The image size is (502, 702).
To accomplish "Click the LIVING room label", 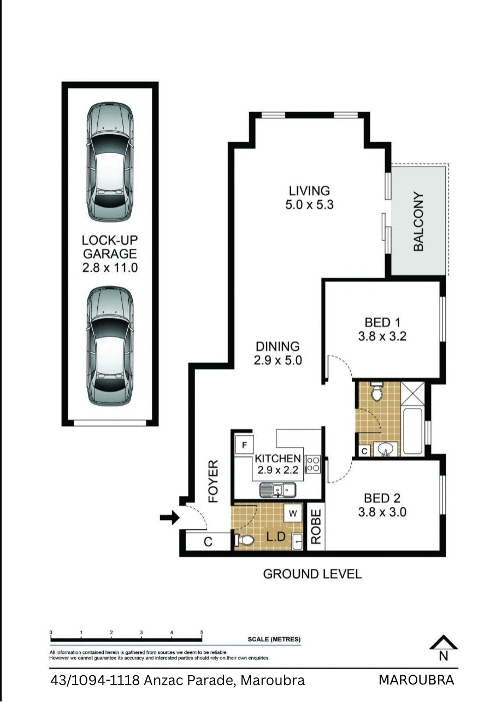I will [x=309, y=191].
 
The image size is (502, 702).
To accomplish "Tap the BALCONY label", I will [x=418, y=221].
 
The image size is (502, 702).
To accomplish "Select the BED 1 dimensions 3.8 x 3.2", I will [x=382, y=337].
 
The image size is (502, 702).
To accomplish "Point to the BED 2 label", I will [x=382, y=498].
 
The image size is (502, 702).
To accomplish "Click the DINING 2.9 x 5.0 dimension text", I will [x=277, y=361].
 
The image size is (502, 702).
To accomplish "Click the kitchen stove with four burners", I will [x=313, y=464].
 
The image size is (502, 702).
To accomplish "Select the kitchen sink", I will [x=277, y=490].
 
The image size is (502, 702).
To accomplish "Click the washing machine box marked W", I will [x=293, y=513].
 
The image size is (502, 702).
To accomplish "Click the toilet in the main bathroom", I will [x=376, y=391].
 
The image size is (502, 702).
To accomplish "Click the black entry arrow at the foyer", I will [x=169, y=517].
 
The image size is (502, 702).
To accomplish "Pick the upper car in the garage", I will [x=110, y=162].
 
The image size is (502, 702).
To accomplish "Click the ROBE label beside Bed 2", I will [x=316, y=527].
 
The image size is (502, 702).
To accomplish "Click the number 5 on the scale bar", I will [x=202, y=633].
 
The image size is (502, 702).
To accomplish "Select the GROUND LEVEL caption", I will [x=312, y=574].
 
